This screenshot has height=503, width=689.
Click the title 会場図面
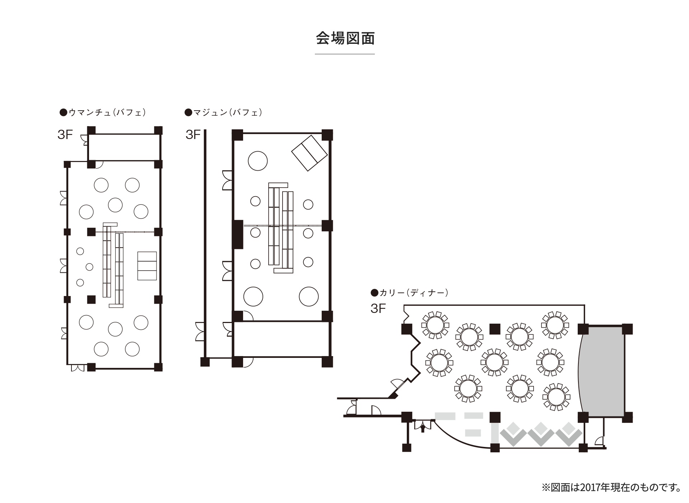tap(345, 38)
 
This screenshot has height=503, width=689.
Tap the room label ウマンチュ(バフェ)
tap(103, 112)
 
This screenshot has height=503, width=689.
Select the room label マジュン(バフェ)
tap(223, 112)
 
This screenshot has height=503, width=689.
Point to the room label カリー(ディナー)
tap(410, 293)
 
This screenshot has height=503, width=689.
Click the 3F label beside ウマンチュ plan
tap(65, 135)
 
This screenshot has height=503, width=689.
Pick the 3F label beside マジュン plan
tap(193, 135)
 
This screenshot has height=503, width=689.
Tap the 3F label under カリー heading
tap(378, 309)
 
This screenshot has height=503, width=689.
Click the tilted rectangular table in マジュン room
tap(309, 153)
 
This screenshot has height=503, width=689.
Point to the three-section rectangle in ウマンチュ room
tap(147, 266)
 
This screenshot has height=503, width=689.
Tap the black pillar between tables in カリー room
tap(495, 328)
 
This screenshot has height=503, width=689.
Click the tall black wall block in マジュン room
tap(237, 234)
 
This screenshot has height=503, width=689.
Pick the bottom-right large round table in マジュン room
tap(308, 296)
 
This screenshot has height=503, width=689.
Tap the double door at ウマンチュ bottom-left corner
tap(78, 368)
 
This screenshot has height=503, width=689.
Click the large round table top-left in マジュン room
tap(257, 161)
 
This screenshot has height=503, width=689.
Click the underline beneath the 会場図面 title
tap(345, 54)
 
